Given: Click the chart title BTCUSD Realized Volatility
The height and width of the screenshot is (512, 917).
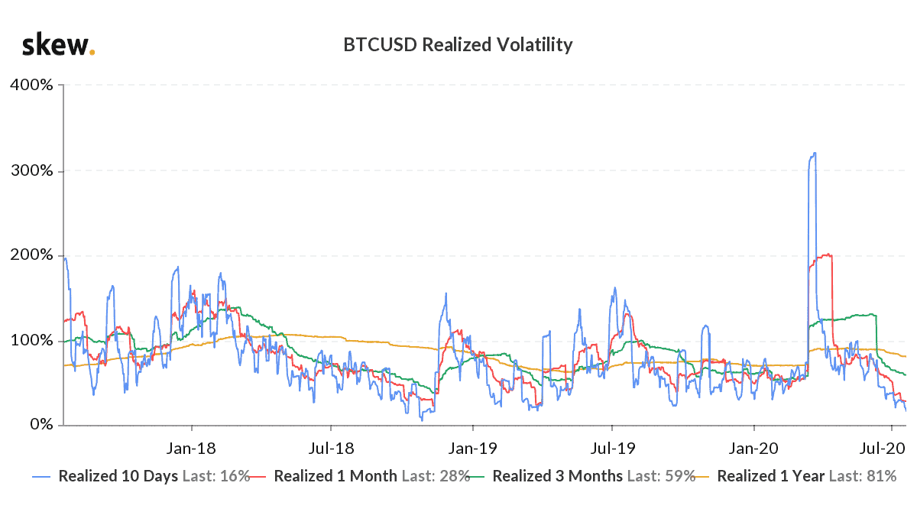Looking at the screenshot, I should pyautogui.click(x=458, y=45).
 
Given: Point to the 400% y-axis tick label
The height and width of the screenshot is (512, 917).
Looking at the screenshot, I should pyautogui.click(x=31, y=85).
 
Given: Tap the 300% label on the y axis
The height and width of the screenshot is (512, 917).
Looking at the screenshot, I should pyautogui.click(x=31, y=170).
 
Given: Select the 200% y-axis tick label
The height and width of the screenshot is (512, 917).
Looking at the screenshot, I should pyautogui.click(x=31, y=254).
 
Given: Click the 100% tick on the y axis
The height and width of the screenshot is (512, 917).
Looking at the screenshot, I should pyautogui.click(x=31, y=339).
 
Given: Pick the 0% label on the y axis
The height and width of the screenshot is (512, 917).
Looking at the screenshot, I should pyautogui.click(x=37, y=424).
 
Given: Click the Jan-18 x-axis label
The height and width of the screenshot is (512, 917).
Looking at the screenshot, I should pyautogui.click(x=191, y=445).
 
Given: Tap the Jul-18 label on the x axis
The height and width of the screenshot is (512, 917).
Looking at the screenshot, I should pyautogui.click(x=330, y=445).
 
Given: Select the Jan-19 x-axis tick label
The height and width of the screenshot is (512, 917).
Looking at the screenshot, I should pyautogui.click(x=472, y=445).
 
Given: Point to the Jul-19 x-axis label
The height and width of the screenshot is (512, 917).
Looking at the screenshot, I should pyautogui.click(x=611, y=445).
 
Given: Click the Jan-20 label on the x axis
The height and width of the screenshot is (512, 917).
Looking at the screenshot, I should pyautogui.click(x=753, y=445).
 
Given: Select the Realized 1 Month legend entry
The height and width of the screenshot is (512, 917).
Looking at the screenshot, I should pyautogui.click(x=335, y=476).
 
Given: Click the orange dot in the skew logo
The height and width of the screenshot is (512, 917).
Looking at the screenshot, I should pyautogui.click(x=92, y=53).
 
